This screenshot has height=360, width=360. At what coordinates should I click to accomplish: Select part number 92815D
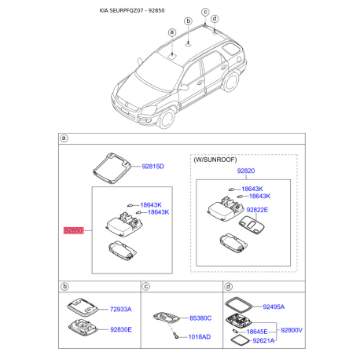[152, 167]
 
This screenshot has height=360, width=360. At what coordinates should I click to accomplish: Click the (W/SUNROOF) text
[215, 159]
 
